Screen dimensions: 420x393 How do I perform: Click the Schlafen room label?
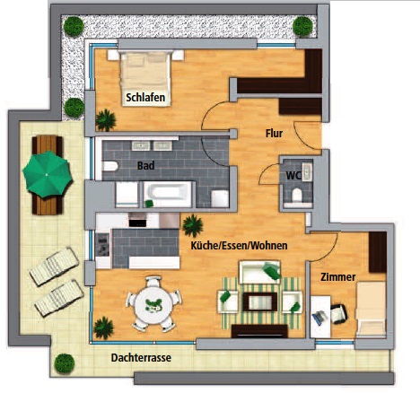(x=145, y=98)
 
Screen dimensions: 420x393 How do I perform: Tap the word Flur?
(x=274, y=134)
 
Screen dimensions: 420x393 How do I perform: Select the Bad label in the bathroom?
(x=145, y=165)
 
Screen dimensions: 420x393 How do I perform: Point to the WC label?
(x=293, y=176)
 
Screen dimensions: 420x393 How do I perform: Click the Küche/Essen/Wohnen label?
(x=239, y=246)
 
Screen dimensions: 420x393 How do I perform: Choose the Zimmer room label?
(x=338, y=277)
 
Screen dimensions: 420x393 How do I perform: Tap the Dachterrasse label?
(x=141, y=357)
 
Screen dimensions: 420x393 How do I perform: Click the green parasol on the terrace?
(x=48, y=174)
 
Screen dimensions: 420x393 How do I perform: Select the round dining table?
(x=153, y=305)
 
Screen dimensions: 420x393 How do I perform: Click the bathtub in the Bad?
(x=168, y=194)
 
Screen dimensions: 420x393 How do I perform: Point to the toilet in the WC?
(x=297, y=195)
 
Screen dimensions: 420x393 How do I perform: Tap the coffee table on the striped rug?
(x=260, y=301)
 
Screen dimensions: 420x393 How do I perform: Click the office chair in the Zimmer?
(x=338, y=314)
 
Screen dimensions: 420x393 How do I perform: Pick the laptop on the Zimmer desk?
(x=319, y=318)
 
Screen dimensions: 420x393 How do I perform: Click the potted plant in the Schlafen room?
(x=106, y=120)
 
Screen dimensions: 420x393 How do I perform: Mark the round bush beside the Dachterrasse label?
(x=65, y=363)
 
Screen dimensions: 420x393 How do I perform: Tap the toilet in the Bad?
(x=110, y=166)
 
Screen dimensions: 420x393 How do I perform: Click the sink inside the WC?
(x=307, y=172)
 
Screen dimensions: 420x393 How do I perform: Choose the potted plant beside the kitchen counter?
(x=193, y=226)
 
